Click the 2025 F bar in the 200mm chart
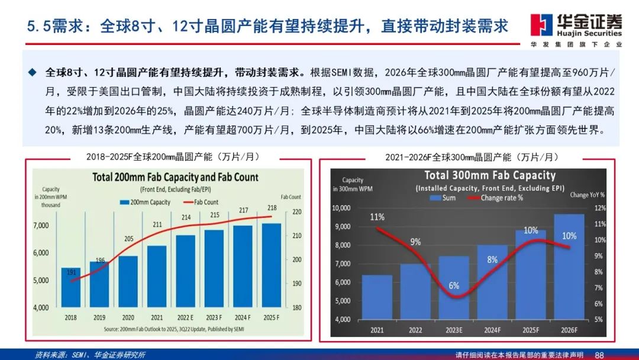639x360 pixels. coord(272,266)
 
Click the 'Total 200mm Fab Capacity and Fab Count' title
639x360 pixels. coord(175,177)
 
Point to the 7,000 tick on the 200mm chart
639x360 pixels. coord(41,226)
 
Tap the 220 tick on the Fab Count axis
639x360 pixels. coord(296,212)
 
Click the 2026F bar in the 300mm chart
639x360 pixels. coord(569,266)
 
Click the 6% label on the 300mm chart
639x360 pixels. coord(454,285)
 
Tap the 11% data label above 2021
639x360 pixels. coord(377,216)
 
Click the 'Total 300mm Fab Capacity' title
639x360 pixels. coord(490,175)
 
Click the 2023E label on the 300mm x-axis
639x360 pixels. coord(454,329)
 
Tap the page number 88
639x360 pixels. coord(599,354)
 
